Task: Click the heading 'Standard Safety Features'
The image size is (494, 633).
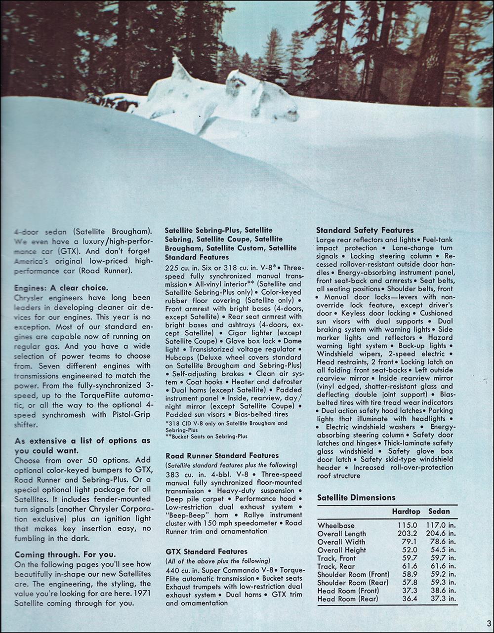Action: click(x=365, y=230)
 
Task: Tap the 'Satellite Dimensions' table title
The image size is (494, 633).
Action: click(x=356, y=498)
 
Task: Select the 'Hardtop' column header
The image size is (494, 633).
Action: click(x=406, y=512)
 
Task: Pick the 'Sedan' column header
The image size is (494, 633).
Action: click(x=439, y=512)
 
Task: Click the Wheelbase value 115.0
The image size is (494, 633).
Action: click(x=408, y=525)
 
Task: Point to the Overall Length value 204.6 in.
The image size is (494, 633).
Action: click(x=442, y=534)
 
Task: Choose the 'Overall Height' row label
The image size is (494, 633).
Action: click(x=342, y=550)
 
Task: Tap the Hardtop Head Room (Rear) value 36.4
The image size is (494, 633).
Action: click(x=408, y=599)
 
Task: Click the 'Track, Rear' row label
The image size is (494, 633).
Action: click(x=336, y=566)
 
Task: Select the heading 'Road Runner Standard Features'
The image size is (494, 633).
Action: click(x=222, y=455)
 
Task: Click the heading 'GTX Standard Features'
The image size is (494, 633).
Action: click(x=206, y=551)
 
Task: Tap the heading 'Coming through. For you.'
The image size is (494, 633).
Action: click(x=65, y=554)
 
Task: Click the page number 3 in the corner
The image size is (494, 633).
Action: click(x=488, y=622)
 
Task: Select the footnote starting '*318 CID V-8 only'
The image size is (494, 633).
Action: click(x=226, y=427)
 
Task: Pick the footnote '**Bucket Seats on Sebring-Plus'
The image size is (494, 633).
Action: click(x=206, y=436)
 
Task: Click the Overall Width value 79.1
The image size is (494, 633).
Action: click(x=408, y=542)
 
